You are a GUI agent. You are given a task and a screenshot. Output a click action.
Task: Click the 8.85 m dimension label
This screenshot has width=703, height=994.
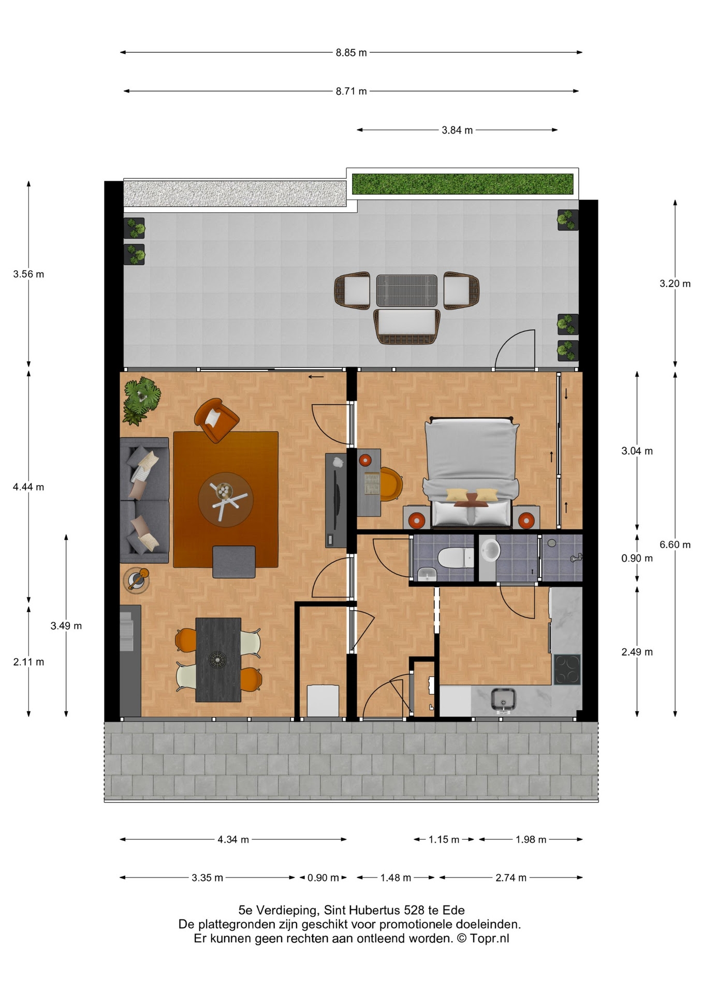[x=351, y=52]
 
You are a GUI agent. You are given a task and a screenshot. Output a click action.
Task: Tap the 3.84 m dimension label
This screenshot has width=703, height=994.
[x=457, y=130]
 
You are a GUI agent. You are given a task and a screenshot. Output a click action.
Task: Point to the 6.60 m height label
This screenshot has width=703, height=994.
[x=675, y=545]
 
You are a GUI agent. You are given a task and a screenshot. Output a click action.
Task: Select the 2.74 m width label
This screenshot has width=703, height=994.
[x=511, y=878]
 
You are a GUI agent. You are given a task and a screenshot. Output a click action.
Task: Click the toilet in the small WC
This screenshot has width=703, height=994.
[x=456, y=558]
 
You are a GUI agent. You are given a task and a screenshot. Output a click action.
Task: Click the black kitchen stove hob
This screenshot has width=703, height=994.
[x=567, y=669]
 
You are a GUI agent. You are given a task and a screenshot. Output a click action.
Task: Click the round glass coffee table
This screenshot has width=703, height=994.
[x=226, y=500]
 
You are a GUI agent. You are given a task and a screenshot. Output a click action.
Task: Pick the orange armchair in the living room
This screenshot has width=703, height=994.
[x=216, y=420]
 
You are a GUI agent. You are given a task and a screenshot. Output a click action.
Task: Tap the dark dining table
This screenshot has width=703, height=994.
[x=218, y=660]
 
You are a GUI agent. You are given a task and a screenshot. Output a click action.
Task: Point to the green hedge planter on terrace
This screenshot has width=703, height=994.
[x=463, y=184]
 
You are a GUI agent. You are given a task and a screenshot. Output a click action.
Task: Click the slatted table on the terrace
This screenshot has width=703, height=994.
[x=407, y=290]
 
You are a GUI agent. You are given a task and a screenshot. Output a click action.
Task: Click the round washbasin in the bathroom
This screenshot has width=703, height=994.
[x=490, y=550]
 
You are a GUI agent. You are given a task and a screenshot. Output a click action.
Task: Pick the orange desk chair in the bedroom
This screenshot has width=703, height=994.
[x=391, y=484]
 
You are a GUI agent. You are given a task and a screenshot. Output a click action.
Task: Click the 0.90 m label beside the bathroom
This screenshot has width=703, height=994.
[x=637, y=558]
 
